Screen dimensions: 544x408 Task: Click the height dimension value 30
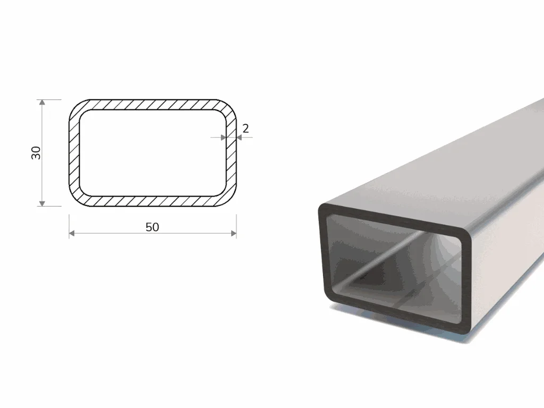(36, 153)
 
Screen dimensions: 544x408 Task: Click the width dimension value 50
(152, 227)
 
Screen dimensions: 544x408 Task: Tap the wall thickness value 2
(245, 129)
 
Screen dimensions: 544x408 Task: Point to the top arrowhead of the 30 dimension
(42, 103)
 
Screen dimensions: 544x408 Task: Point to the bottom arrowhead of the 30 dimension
(42, 203)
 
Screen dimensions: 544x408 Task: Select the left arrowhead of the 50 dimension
(72, 233)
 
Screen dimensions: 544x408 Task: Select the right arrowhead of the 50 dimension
(234, 233)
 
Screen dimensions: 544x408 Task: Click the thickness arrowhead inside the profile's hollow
(224, 138)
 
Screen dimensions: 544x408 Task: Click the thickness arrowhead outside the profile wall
(239, 138)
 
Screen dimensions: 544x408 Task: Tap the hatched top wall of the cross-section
(152, 105)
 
